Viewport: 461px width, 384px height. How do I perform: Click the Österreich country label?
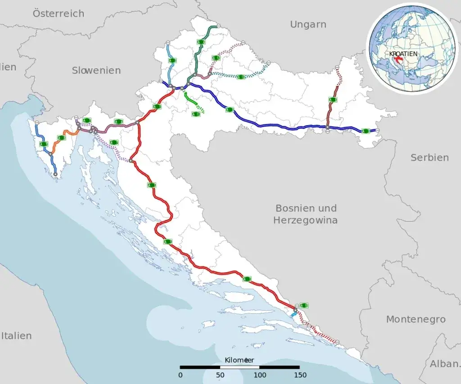(59, 14)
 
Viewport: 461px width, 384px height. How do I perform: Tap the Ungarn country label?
(308, 24)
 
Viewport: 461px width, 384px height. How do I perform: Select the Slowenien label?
(96, 70)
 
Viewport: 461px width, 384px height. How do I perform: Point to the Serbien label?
(429, 158)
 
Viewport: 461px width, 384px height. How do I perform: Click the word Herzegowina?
(306, 220)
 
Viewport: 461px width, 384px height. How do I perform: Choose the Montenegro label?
(416, 319)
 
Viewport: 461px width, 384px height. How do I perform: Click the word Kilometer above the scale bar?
(240, 360)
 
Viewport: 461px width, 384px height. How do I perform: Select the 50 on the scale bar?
(220, 375)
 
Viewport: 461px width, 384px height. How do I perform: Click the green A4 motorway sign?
(201, 42)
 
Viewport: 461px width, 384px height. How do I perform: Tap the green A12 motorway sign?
(217, 58)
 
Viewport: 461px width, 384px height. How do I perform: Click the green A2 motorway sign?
(172, 60)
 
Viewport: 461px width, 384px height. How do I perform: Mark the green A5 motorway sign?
(333, 99)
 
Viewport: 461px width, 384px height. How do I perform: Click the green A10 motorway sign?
(304, 305)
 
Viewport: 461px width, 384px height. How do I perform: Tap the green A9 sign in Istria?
(44, 144)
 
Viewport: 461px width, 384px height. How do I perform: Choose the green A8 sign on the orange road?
(61, 138)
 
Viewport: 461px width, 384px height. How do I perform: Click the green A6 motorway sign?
(118, 122)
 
